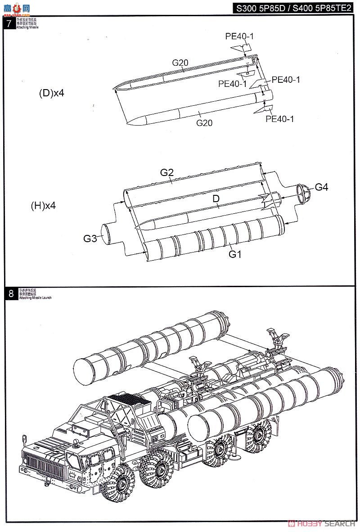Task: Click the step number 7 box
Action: (x=9, y=23)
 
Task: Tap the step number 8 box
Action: (x=11, y=294)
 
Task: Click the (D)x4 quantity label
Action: (x=52, y=93)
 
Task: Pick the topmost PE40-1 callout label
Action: (x=239, y=36)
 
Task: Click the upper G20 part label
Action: (x=180, y=63)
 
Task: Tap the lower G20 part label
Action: (x=204, y=122)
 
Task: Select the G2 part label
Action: (x=167, y=172)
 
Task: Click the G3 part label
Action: (x=90, y=239)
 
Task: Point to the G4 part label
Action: (x=321, y=187)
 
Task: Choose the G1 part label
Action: (x=235, y=254)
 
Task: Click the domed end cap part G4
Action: (x=303, y=192)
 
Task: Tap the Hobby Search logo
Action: (x=323, y=523)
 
